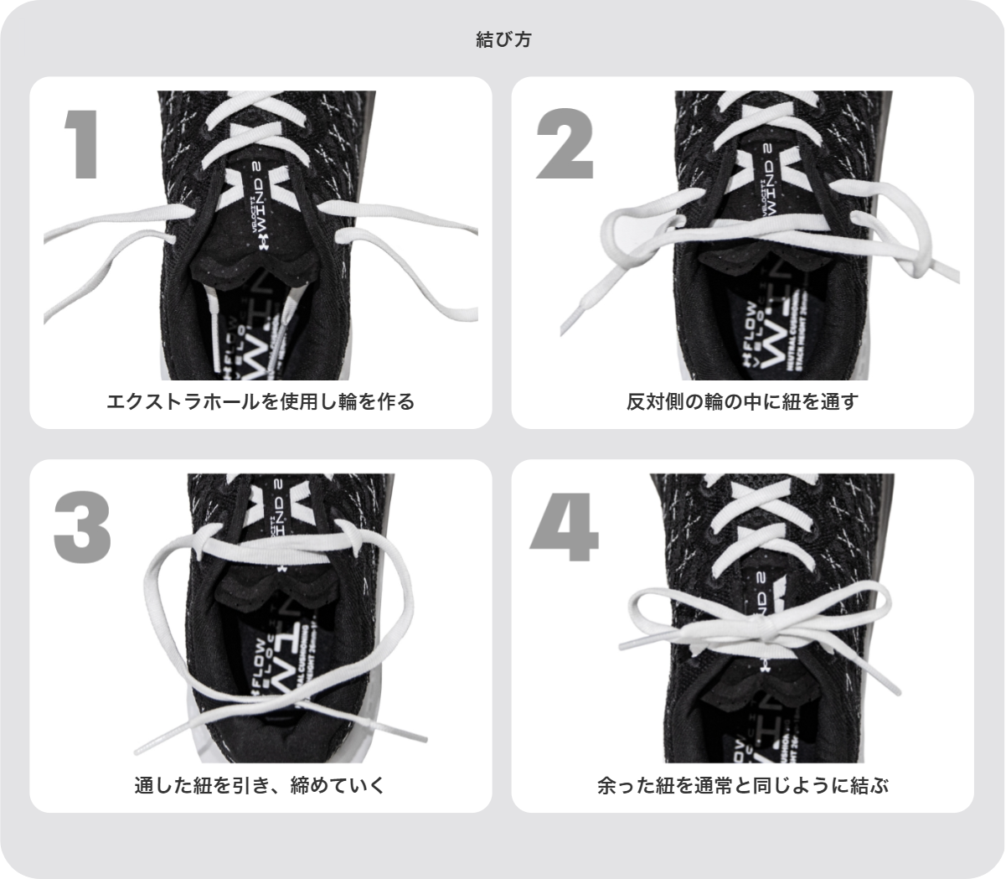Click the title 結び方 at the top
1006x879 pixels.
(503, 39)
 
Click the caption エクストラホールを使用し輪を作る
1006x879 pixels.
(261, 401)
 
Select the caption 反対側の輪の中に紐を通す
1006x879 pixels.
(742, 401)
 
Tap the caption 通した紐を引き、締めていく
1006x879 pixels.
(261, 786)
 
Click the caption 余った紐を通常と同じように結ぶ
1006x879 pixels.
(742, 786)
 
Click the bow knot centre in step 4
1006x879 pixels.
(765, 629)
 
